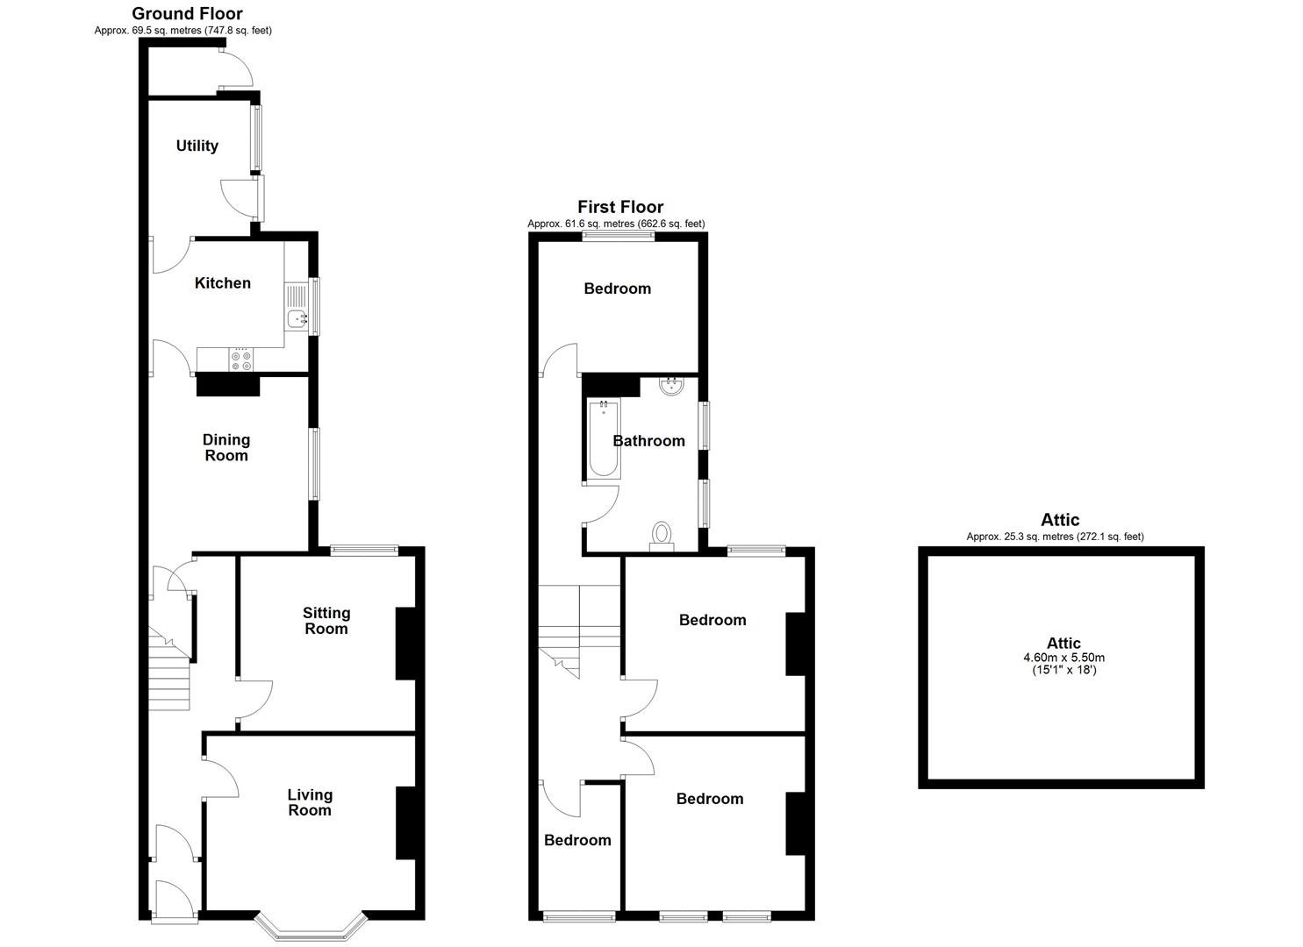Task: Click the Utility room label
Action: click(x=197, y=146)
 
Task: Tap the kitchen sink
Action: click(x=297, y=319)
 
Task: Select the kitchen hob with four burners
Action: click(x=240, y=358)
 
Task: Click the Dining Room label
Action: click(x=226, y=447)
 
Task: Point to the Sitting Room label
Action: click(x=326, y=620)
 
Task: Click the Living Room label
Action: click(x=310, y=801)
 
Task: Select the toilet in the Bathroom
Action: click(x=662, y=535)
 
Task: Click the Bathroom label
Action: click(x=649, y=440)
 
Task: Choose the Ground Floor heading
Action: click(x=187, y=13)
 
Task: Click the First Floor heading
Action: click(x=620, y=207)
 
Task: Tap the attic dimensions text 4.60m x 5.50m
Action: click(x=1063, y=657)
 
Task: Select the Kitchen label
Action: click(x=222, y=282)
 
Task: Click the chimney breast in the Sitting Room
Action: click(x=406, y=643)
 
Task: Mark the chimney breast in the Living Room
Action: click(x=406, y=822)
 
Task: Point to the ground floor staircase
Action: click(x=169, y=671)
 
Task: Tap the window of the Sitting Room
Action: click(x=364, y=551)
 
